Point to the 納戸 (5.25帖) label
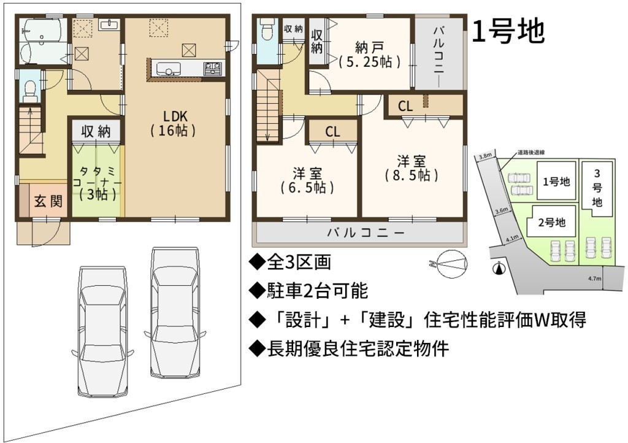369,55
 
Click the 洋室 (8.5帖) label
412,168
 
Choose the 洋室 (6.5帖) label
307,181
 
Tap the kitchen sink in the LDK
168,69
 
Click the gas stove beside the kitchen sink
214,69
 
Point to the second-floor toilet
266,29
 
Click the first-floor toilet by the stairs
30,91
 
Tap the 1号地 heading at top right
508,31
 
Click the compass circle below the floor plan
451,264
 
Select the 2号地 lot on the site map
551,222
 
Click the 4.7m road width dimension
595,279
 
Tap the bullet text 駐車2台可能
308,291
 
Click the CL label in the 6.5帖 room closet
332,131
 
